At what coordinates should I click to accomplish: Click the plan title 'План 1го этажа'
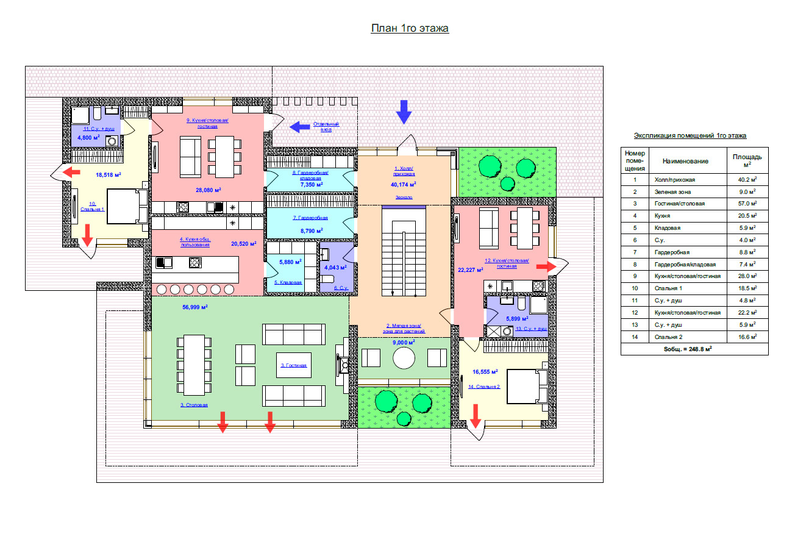pyautogui.click(x=410, y=29)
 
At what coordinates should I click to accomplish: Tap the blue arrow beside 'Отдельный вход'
pyautogui.click(x=299, y=127)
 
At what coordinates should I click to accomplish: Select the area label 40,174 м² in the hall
pyautogui.click(x=404, y=184)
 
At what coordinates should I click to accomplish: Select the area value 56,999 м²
pyautogui.click(x=195, y=307)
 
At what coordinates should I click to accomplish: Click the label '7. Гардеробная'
pyautogui.click(x=311, y=218)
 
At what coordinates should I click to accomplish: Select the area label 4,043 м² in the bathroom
pyautogui.click(x=335, y=267)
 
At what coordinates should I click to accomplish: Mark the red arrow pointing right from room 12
pyautogui.click(x=546, y=266)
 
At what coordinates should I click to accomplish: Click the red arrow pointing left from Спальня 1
pyautogui.click(x=72, y=172)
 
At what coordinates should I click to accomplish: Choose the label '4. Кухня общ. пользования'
pyautogui.click(x=195, y=242)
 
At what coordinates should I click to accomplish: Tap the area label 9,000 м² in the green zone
pyautogui.click(x=403, y=343)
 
